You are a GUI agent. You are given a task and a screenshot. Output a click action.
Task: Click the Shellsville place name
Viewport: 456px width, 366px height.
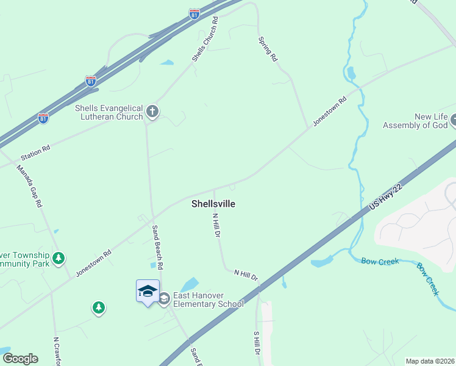[x=213, y=204]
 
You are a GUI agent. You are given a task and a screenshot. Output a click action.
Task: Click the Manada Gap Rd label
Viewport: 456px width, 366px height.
[x=29, y=186]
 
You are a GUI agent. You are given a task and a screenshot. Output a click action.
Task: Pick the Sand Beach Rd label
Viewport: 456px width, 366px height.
[x=157, y=248]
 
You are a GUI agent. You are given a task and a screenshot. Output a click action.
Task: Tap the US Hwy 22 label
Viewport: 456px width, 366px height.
[x=387, y=199]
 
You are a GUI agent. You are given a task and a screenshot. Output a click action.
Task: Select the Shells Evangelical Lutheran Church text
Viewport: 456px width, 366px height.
[x=108, y=112]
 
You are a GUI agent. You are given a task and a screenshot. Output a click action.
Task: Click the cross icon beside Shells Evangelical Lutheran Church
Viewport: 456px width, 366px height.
[x=152, y=112]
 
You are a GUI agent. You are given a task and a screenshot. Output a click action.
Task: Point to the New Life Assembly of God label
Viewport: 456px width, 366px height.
[x=415, y=121]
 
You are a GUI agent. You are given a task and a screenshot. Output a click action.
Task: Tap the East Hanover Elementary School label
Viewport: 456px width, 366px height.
[x=208, y=300]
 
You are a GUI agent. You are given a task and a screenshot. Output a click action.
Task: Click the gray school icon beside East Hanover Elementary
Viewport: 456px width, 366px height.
[x=164, y=298]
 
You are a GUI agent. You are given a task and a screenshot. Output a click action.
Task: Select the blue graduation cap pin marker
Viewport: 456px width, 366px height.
[x=148, y=292]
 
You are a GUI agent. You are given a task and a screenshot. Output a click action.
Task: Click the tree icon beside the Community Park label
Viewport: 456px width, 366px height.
[x=59, y=258]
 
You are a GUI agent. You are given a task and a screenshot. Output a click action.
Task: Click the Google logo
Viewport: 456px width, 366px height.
[x=20, y=358]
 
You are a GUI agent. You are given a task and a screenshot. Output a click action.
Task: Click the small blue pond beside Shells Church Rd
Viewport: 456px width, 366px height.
[x=166, y=62]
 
